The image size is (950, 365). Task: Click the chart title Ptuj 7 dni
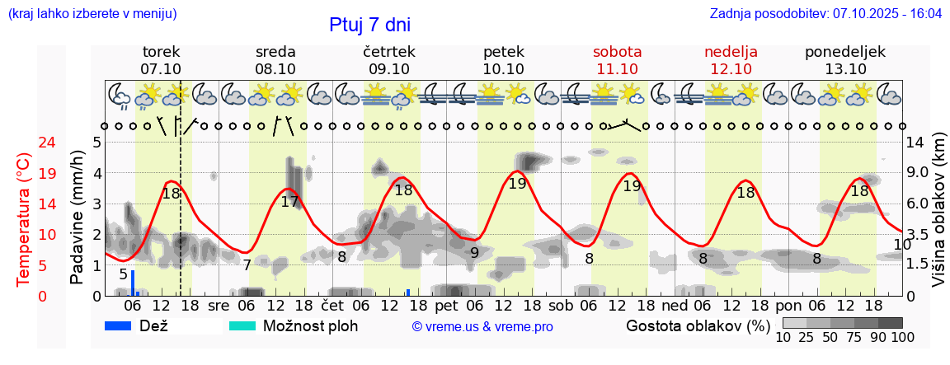[369, 25]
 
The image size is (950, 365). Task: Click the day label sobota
[617, 52]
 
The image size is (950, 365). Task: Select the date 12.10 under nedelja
[731, 69]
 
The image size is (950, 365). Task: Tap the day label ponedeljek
[845, 52]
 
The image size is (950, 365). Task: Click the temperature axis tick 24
[25, 143]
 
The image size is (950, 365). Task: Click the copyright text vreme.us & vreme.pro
[482, 326]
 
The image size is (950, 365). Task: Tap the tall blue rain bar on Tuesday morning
[133, 283]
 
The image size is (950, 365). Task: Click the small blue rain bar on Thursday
[407, 292]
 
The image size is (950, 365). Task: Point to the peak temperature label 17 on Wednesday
[289, 201]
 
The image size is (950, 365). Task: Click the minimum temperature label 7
[247, 265]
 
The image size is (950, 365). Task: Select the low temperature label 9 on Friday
[474, 253]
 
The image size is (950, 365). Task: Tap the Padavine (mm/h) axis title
[78, 218]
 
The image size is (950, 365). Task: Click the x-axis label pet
[445, 306]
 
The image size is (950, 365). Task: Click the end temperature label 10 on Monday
[901, 245]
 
